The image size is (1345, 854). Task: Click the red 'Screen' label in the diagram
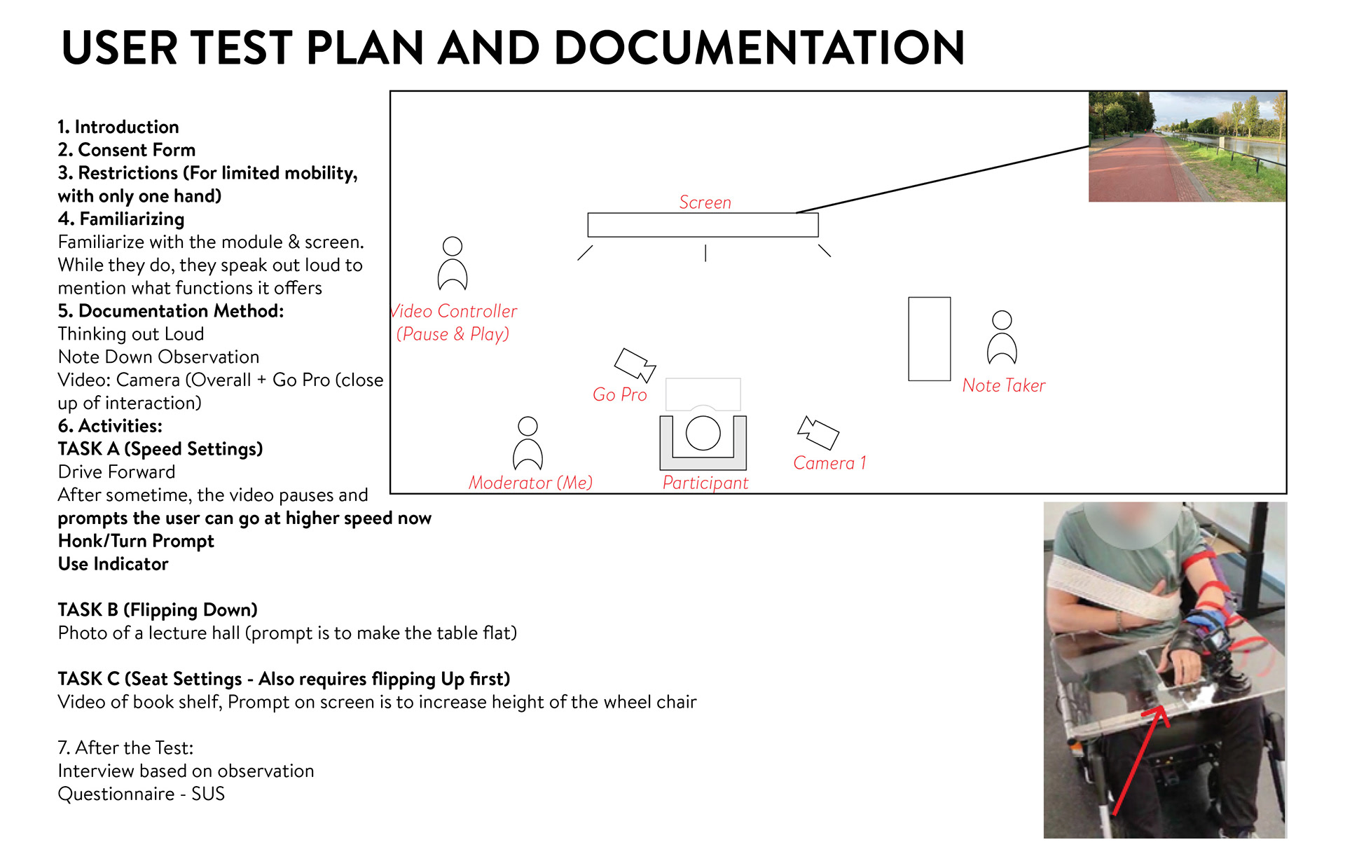tap(705, 202)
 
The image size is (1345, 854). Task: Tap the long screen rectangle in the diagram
tap(703, 225)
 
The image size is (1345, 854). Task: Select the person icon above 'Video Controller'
tap(453, 264)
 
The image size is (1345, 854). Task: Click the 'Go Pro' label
tap(619, 394)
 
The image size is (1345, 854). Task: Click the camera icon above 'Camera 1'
tap(818, 432)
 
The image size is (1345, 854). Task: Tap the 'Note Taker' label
tap(1003, 385)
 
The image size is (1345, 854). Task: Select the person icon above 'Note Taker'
tap(1002, 338)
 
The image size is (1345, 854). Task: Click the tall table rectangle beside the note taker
tap(929, 338)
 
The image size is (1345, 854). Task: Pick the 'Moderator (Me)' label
tap(530, 483)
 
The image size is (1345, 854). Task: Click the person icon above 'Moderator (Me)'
tap(527, 443)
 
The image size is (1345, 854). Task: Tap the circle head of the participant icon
tap(703, 433)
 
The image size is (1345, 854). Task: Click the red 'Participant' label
tap(705, 483)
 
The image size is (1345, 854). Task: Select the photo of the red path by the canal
tap(1187, 146)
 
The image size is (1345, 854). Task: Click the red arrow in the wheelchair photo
tap(1138, 760)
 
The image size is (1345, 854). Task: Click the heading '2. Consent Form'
tap(126, 150)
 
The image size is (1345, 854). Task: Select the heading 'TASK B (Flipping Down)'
tap(158, 609)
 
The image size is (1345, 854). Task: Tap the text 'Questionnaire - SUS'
tap(141, 794)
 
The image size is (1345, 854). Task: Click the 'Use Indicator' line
tap(113, 564)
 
